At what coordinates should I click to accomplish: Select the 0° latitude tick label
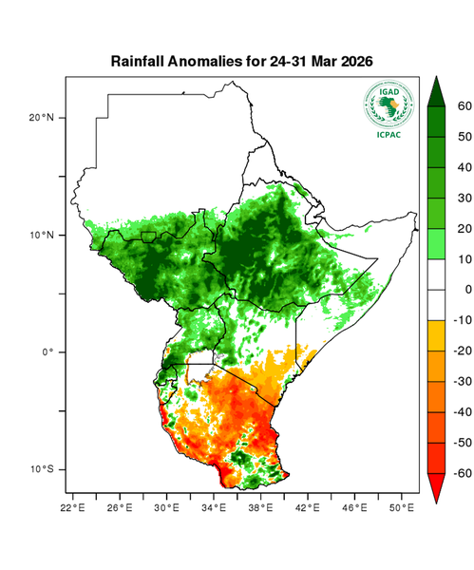(47, 351)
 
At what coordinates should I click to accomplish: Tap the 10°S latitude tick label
(42, 469)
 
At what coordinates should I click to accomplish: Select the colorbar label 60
(465, 106)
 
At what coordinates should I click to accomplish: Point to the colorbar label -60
(463, 472)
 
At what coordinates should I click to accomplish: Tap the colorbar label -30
(463, 381)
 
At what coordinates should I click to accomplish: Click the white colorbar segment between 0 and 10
(437, 275)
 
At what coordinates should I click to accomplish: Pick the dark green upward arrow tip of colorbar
(437, 91)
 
